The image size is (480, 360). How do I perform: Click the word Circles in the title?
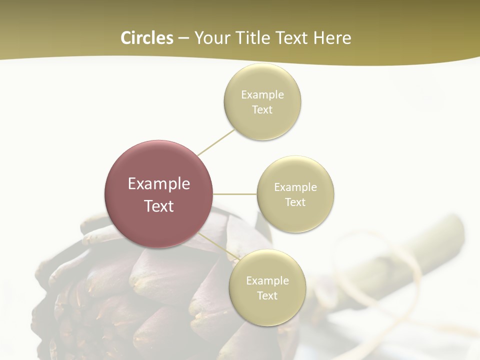click(x=146, y=37)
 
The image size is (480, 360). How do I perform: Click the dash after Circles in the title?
click(x=183, y=38)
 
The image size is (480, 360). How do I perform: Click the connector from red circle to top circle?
click(x=216, y=142)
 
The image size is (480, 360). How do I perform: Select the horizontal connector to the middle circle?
click(x=234, y=194)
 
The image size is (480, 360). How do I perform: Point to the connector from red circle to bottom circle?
click(x=219, y=247)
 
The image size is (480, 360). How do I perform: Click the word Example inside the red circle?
click(x=159, y=183)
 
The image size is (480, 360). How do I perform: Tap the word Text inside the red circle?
click(x=159, y=206)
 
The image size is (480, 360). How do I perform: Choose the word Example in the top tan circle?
click(x=262, y=94)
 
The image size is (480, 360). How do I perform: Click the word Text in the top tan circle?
click(x=262, y=109)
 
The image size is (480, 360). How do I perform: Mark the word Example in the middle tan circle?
click(x=295, y=187)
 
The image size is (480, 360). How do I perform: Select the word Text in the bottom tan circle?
click(x=267, y=295)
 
